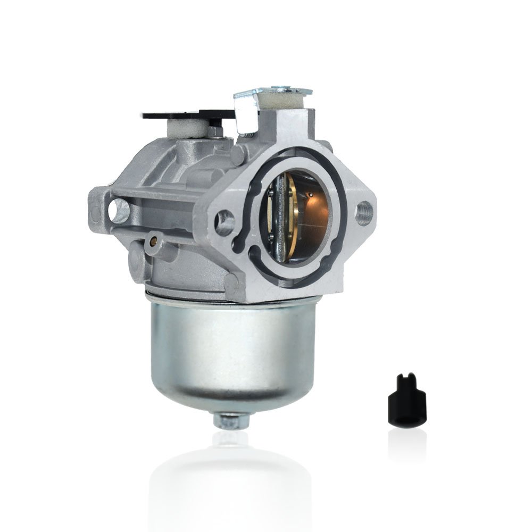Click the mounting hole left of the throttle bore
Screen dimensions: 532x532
coord(226,221)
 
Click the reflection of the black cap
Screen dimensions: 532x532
coord(407,442)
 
